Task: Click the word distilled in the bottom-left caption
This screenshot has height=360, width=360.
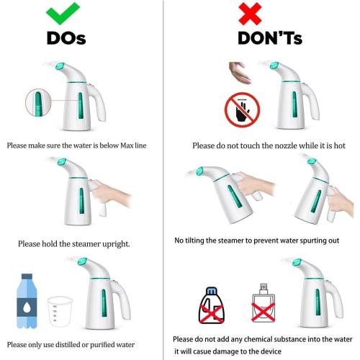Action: [84, 343]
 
